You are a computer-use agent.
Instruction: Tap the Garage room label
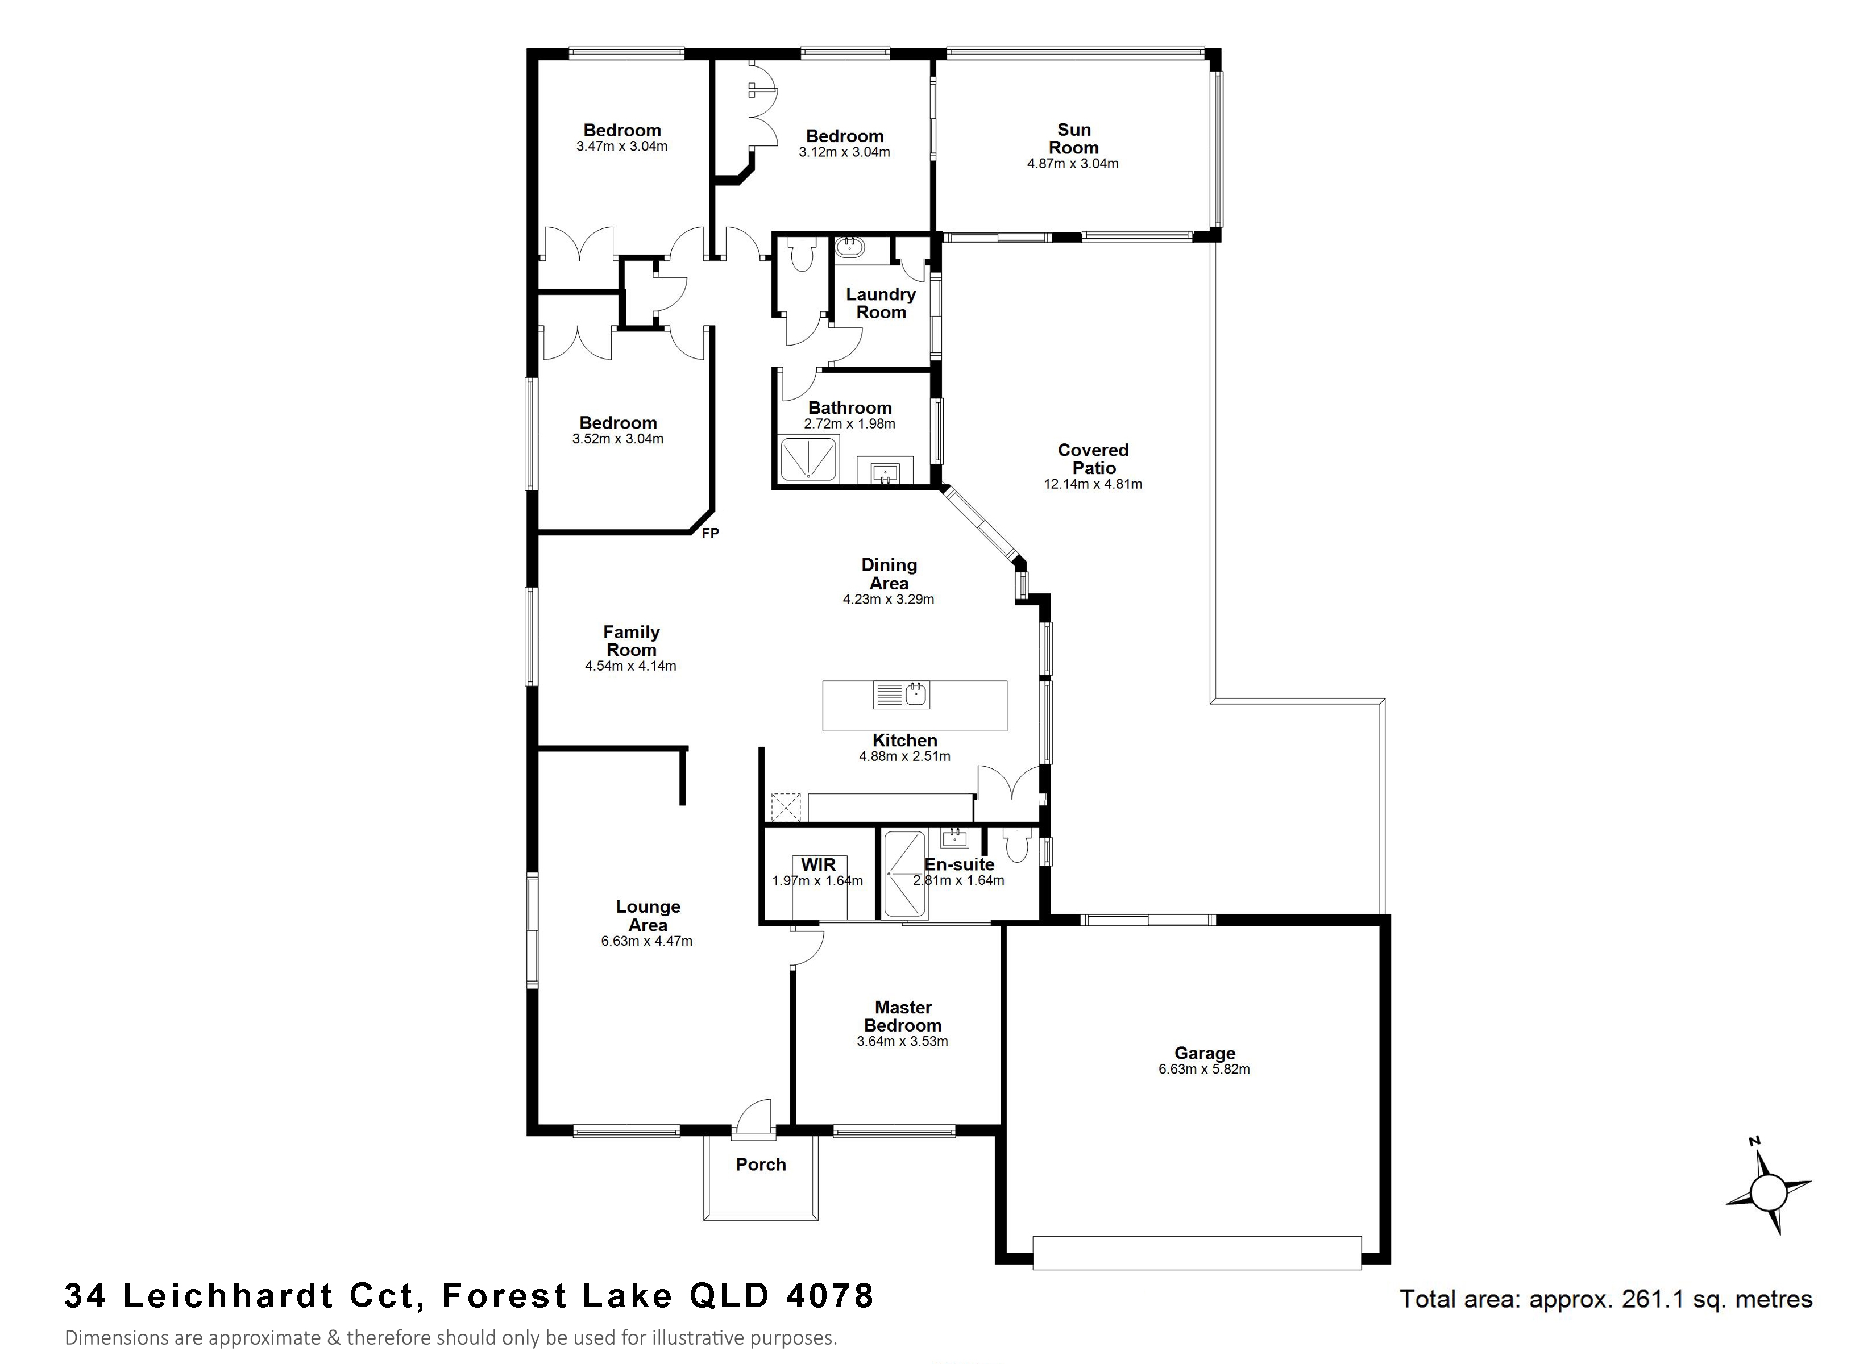pyautogui.click(x=1205, y=1053)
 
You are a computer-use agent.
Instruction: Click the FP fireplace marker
pyautogui.click(x=709, y=533)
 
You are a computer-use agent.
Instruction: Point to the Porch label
pyautogui.click(x=761, y=1164)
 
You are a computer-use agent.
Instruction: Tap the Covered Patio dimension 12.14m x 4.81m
pyautogui.click(x=1093, y=484)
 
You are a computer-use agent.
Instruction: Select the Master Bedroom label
pyautogui.click(x=903, y=1016)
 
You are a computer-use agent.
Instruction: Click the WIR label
pyautogui.click(x=818, y=864)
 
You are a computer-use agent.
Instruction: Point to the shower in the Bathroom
pyautogui.click(x=808, y=459)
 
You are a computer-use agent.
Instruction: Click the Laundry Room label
pyautogui.click(x=881, y=303)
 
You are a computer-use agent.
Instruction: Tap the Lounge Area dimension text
pyautogui.click(x=647, y=941)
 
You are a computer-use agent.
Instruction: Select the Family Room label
pyautogui.click(x=631, y=641)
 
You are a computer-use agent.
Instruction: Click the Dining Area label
pyautogui.click(x=889, y=574)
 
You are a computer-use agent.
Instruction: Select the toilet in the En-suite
pyautogui.click(x=1015, y=845)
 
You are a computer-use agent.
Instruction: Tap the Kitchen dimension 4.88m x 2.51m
pyautogui.click(x=905, y=756)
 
